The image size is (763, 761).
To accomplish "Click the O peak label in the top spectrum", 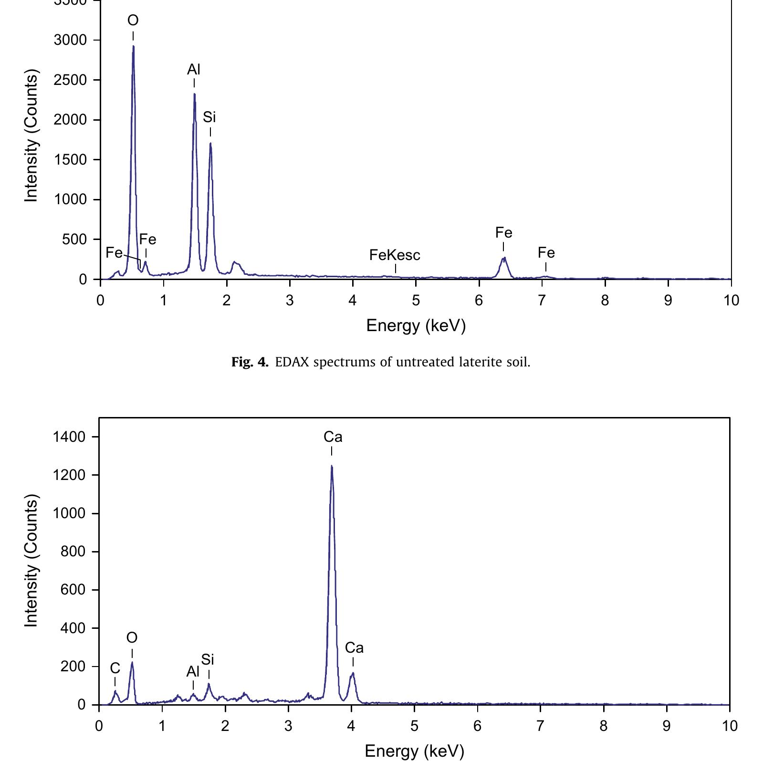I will (x=133, y=21).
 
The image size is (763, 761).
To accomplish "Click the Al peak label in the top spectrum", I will (x=194, y=70).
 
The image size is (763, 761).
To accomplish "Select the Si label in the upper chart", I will (x=209, y=117).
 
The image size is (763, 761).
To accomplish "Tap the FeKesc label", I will (x=395, y=255).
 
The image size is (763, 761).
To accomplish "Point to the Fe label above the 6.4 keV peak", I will (x=503, y=233).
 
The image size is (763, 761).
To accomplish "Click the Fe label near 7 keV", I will (x=546, y=253).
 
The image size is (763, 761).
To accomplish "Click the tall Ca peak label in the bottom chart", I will (x=333, y=437).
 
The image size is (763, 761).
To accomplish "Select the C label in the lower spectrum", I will (x=115, y=669).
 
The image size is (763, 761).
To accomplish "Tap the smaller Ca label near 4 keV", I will (x=354, y=648).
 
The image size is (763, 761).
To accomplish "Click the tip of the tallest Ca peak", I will (x=332, y=466).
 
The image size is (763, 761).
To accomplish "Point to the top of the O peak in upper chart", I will (x=134, y=46).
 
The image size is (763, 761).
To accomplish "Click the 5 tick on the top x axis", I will (x=416, y=300).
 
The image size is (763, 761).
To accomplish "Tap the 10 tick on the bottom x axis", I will (x=730, y=726).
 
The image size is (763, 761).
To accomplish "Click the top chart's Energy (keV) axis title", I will (x=416, y=325).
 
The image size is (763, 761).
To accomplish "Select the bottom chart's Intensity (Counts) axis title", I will (x=31, y=561).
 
